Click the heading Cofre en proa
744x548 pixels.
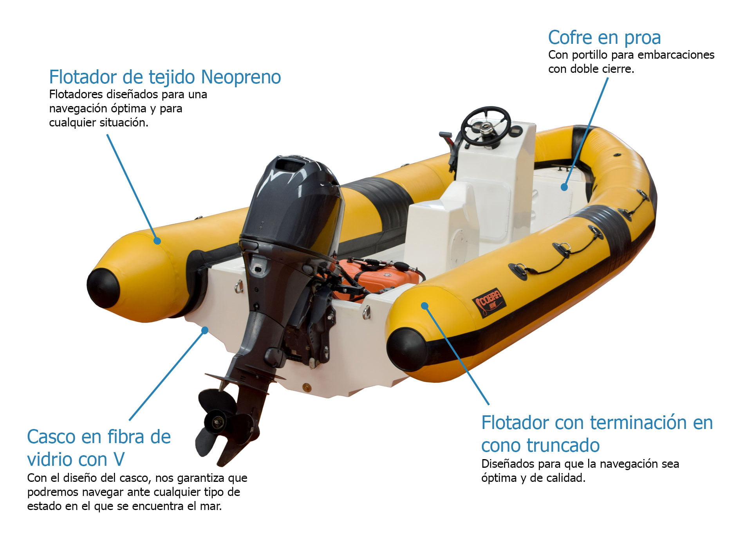pyautogui.click(x=604, y=38)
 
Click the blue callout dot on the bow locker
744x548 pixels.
pyautogui.click(x=564, y=187)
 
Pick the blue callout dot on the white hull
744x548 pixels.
pyautogui.click(x=204, y=330)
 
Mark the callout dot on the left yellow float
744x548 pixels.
pyautogui.click(x=157, y=241)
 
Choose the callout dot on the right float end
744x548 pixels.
pyautogui.click(x=424, y=306)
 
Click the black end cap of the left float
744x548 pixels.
pyautogui.click(x=103, y=288)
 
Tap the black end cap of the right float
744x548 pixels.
pyautogui.click(x=406, y=350)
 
